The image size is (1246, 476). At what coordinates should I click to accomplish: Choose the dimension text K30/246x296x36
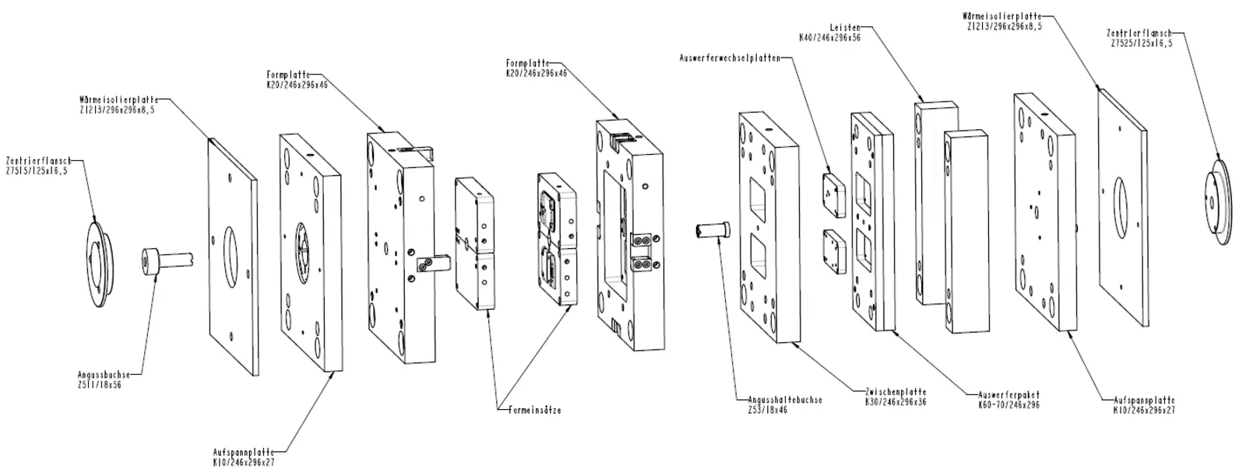895,402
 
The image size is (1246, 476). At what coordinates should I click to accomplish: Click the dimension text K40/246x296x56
830,37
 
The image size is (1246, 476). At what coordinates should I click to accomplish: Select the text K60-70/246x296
1009,404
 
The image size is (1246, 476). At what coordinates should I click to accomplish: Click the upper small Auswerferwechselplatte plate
834,194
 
